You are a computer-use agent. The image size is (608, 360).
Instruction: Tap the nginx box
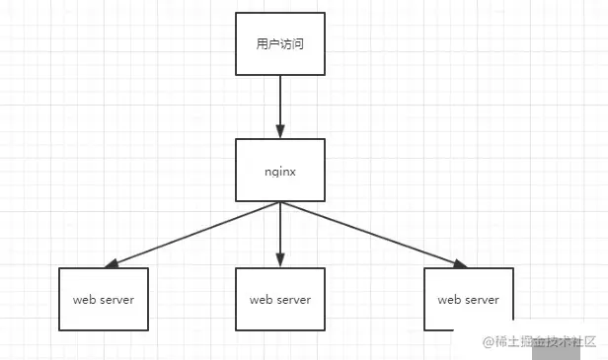click(x=280, y=170)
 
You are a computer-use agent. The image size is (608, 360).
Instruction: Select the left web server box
click(x=103, y=299)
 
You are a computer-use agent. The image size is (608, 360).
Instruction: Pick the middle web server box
click(x=280, y=299)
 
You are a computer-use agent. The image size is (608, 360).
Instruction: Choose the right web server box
click(x=468, y=299)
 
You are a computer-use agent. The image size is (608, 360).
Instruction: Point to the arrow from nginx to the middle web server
click(x=280, y=233)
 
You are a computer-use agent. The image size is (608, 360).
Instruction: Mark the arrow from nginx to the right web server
click(x=370, y=233)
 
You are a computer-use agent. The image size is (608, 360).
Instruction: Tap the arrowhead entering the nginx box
click(x=280, y=132)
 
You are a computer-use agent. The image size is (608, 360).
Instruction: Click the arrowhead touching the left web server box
click(x=112, y=263)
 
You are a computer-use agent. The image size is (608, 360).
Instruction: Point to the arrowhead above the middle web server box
click(x=280, y=261)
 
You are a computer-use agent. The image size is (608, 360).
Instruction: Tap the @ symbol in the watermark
click(x=487, y=341)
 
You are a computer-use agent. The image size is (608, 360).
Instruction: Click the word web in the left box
click(x=82, y=299)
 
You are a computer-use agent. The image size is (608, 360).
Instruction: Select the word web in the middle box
click(x=260, y=299)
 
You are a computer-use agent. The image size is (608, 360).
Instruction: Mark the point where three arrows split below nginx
click(x=280, y=202)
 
